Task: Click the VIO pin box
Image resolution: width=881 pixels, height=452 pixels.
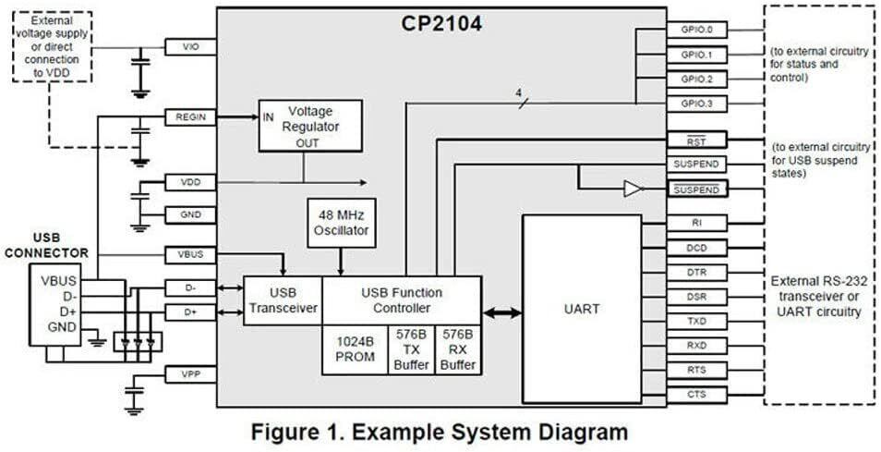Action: (x=190, y=46)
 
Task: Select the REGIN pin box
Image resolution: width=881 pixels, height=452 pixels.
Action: (x=190, y=117)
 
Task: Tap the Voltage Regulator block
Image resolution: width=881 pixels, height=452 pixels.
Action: (x=309, y=126)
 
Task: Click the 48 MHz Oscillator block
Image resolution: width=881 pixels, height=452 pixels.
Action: (x=342, y=222)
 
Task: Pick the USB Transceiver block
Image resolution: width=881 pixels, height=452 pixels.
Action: (x=283, y=300)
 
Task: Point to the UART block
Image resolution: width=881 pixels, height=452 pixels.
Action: (x=581, y=310)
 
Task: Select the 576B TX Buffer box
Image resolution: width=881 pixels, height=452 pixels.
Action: (x=412, y=349)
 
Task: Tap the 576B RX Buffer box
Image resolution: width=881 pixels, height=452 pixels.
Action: (x=458, y=349)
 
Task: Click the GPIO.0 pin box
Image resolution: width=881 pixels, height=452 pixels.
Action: (x=696, y=30)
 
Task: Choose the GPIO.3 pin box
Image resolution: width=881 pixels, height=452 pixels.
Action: (x=696, y=104)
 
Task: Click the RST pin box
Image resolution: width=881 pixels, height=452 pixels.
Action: (x=696, y=140)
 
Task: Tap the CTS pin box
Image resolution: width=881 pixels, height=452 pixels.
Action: (x=696, y=395)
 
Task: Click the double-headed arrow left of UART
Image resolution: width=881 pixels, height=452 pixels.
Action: (x=501, y=314)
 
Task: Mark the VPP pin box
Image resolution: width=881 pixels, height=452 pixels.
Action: (x=190, y=374)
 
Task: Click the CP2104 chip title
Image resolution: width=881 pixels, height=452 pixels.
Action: (x=440, y=23)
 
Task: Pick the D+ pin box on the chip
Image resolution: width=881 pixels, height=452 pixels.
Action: (x=190, y=312)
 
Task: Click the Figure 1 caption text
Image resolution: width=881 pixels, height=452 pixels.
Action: (x=440, y=432)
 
